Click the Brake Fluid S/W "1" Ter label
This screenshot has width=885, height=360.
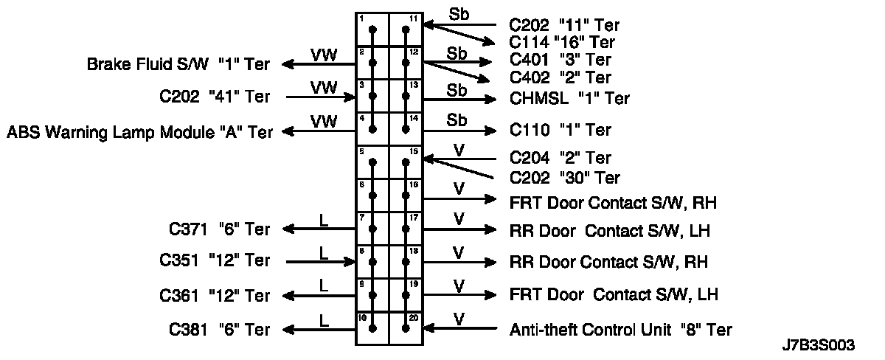tap(178, 65)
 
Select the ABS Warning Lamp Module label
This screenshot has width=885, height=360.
tap(139, 132)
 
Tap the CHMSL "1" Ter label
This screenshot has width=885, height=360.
tap(569, 98)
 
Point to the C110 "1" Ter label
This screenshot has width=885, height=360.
tap(560, 131)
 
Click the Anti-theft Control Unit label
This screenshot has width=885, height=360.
tap(621, 330)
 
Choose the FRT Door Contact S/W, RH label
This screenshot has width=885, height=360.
tap(613, 201)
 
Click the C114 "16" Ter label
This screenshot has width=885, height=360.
tap(562, 43)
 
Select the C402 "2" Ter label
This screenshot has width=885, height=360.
tap(560, 77)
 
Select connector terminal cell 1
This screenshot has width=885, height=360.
tap(372, 30)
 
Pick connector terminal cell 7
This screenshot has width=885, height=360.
tap(372, 229)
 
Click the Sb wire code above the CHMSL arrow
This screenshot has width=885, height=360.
tap(457, 89)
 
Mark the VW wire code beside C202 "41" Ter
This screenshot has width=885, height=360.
tap(323, 88)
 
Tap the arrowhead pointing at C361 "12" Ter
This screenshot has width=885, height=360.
tap(289, 296)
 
